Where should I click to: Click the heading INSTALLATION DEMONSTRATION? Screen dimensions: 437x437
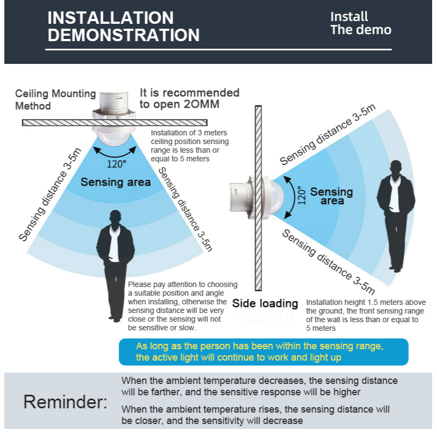click(x=123, y=27)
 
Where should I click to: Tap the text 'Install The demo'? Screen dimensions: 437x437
click(x=361, y=23)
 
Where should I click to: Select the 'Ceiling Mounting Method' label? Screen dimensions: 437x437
click(x=55, y=100)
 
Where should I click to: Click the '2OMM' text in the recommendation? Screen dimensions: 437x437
click(x=201, y=104)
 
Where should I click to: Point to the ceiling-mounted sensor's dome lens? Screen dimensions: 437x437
click(x=114, y=138)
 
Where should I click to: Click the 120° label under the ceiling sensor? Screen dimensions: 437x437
click(x=116, y=164)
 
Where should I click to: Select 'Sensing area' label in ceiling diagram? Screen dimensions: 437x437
click(x=116, y=182)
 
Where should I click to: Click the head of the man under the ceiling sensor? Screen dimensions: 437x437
click(x=115, y=218)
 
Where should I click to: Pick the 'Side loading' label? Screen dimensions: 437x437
click(x=265, y=303)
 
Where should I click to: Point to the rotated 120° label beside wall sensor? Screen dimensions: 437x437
click(x=302, y=195)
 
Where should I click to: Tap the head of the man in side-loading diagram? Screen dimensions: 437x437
click(x=396, y=168)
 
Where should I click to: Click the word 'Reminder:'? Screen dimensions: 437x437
click(x=65, y=402)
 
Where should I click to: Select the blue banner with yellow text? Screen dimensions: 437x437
click(x=264, y=352)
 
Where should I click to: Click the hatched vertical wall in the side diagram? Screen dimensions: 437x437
click(x=258, y=198)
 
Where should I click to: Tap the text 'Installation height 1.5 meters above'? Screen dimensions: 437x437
click(x=366, y=302)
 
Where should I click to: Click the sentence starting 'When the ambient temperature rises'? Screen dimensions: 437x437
click(x=255, y=415)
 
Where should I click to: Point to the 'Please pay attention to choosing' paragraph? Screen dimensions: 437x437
click(x=182, y=306)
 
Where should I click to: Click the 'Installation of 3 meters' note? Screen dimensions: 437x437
click(x=190, y=146)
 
